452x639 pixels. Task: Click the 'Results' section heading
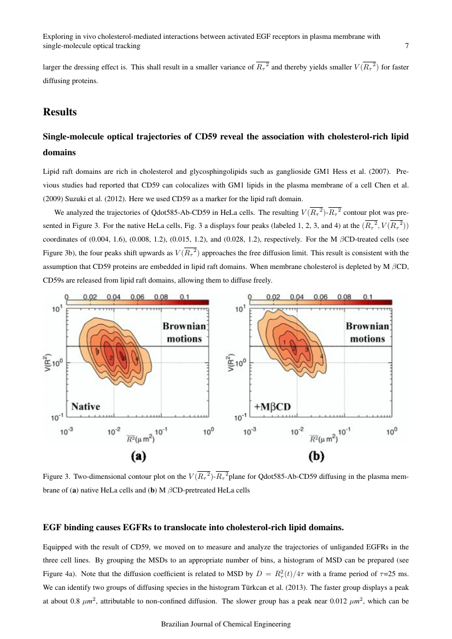click(60, 112)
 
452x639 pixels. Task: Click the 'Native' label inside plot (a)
click(86, 406)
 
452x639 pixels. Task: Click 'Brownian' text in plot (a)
click(184, 326)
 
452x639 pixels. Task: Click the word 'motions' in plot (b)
click(367, 338)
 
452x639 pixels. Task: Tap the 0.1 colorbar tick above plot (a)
click(184, 297)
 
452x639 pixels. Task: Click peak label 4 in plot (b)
click(322, 357)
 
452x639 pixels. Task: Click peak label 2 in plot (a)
click(111, 358)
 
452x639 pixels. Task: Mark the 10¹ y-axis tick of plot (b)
click(239, 309)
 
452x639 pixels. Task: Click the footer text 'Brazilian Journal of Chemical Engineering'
click(226, 624)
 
